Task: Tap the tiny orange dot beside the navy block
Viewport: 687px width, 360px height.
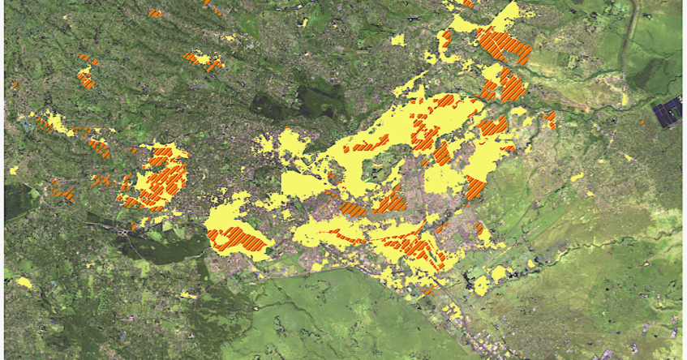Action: pyautogui.click(x=642, y=123)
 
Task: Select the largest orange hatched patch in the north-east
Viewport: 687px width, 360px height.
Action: pyautogui.click(x=504, y=45)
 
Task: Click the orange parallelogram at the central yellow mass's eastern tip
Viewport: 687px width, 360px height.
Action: pyautogui.click(x=475, y=188)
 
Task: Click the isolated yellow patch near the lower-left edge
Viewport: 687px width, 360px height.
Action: pyautogui.click(x=24, y=282)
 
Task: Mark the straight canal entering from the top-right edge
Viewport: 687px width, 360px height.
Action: pyautogui.click(x=629, y=32)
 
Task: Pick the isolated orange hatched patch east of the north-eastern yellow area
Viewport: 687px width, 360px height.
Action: pyautogui.click(x=550, y=120)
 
